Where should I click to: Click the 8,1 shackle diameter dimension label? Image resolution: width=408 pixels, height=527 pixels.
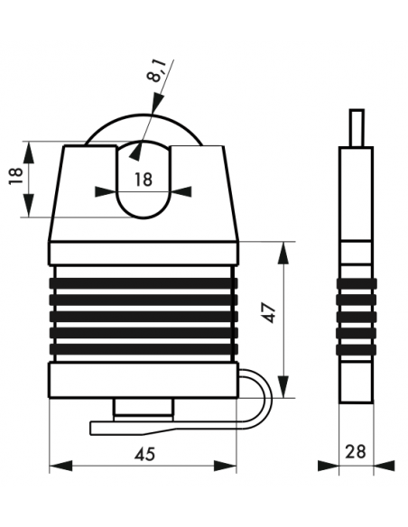tap(158, 71)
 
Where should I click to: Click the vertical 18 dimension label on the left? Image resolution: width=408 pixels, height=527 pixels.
tap(15, 175)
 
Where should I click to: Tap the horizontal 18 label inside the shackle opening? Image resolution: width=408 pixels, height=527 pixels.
tap(144, 180)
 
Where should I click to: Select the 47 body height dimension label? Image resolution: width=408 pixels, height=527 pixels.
tap(269, 313)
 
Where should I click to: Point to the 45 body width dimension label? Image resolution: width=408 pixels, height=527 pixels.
tap(145, 455)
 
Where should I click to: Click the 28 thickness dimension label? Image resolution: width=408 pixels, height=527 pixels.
tap(356, 451)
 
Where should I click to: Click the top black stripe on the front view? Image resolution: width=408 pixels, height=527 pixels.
tap(144, 283)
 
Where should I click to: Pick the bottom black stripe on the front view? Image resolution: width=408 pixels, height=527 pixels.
tap(144, 349)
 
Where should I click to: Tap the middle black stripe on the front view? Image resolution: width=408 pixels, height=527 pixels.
tap(144, 316)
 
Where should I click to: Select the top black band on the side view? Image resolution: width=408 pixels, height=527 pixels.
tap(357, 283)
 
